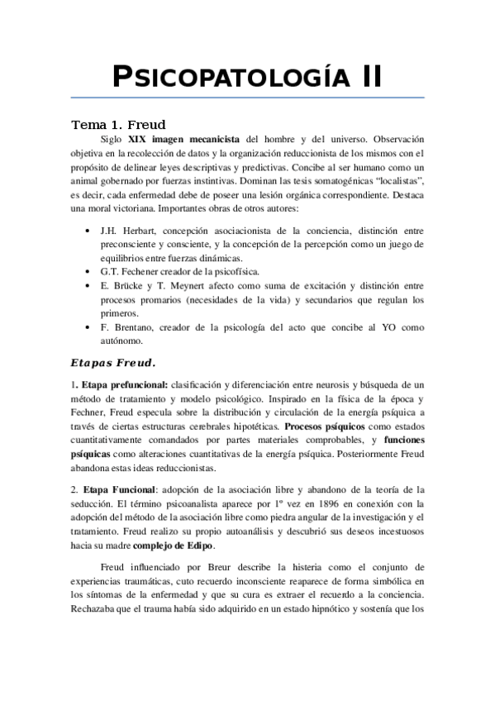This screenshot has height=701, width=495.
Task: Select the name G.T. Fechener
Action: pyautogui.click(x=133, y=271)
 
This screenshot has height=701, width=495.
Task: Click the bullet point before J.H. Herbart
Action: pyautogui.click(x=88, y=229)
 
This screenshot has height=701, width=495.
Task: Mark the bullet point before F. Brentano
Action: pyautogui.click(x=88, y=327)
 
